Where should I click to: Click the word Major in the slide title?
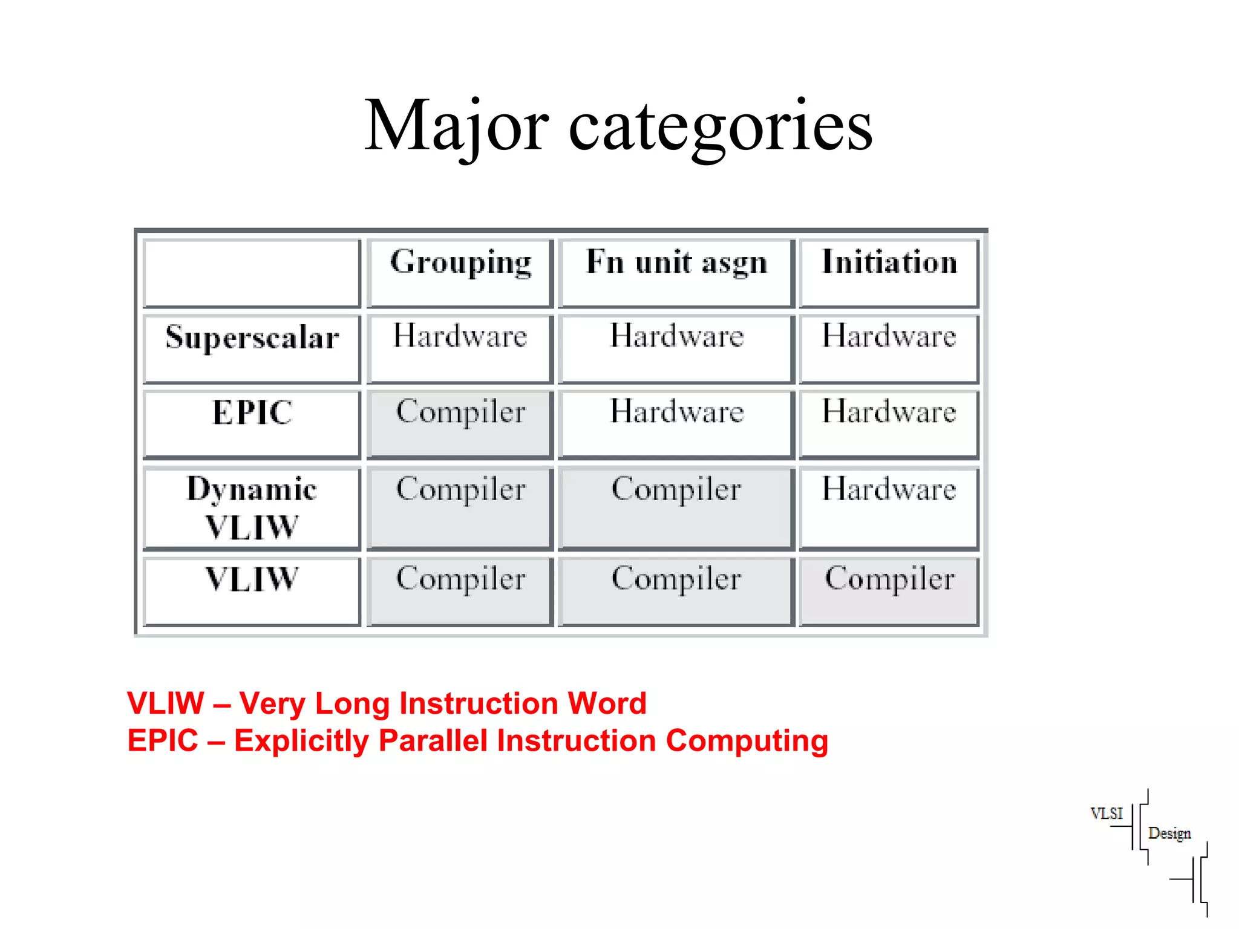click(x=457, y=125)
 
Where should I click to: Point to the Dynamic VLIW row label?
click(x=252, y=507)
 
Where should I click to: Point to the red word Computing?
click(x=747, y=741)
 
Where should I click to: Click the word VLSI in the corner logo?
click(x=1107, y=813)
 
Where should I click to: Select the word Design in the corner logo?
click(x=1169, y=833)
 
